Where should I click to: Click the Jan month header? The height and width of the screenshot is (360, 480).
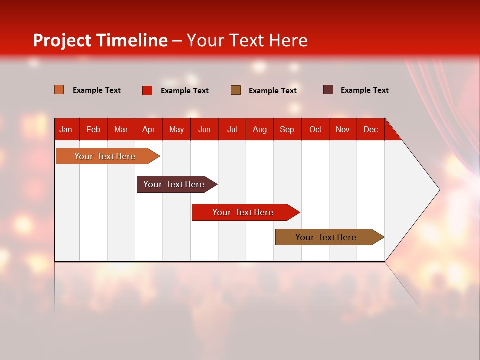pyautogui.click(x=66, y=129)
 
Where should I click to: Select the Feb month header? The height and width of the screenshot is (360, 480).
pyautogui.click(x=93, y=129)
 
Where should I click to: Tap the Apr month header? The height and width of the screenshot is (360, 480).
pyautogui.click(x=148, y=129)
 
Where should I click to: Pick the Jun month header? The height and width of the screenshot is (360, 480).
pyautogui.click(x=204, y=129)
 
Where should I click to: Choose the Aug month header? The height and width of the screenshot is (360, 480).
pyautogui.click(x=259, y=129)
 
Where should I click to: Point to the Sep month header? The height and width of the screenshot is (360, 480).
pyautogui.click(x=287, y=129)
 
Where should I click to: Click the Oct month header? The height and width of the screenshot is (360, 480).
pyautogui.click(x=315, y=129)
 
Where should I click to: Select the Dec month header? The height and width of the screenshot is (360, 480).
pyautogui.click(x=370, y=129)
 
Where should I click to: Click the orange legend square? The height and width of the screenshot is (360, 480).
pyautogui.click(x=59, y=90)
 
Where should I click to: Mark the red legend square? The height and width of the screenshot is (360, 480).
pyautogui.click(x=147, y=90)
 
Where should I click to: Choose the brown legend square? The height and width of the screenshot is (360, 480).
pyautogui.click(x=236, y=90)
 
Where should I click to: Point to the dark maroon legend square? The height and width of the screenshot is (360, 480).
pyautogui.click(x=328, y=90)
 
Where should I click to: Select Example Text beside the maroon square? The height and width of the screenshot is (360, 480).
pyautogui.click(x=364, y=90)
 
